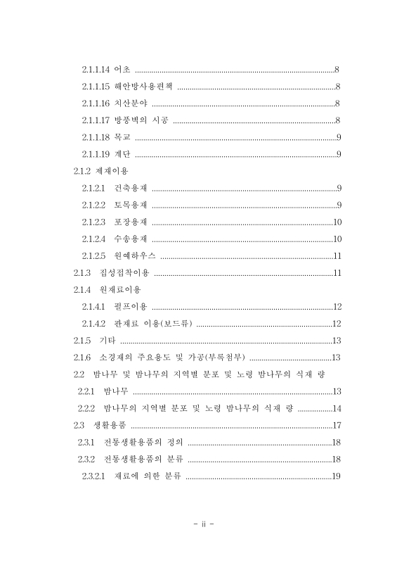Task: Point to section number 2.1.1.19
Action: [x=94, y=154]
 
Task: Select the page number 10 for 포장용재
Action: [x=337, y=222]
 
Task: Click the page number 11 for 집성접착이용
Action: [x=337, y=272]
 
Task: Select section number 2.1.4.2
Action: [x=93, y=323]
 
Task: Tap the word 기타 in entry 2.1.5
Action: [x=108, y=340]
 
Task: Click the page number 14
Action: [x=337, y=408]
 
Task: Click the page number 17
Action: [x=337, y=425]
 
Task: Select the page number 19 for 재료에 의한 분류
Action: [x=337, y=476]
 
